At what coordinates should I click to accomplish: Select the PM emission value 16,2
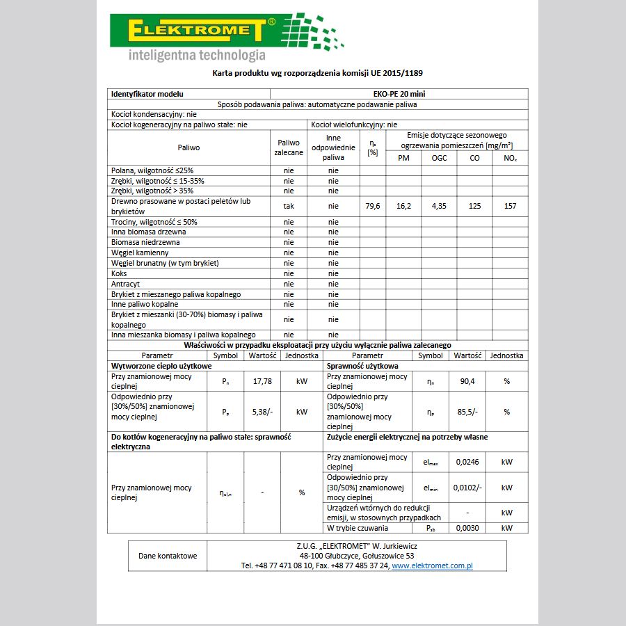[x=403, y=206]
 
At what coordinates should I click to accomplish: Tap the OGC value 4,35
[x=439, y=206]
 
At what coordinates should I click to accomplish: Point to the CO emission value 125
[x=474, y=206]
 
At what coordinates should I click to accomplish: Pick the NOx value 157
[x=511, y=206]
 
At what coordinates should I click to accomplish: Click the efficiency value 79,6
[x=372, y=206]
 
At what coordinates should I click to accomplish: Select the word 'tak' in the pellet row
[x=289, y=206]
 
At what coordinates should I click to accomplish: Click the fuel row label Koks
[x=119, y=273]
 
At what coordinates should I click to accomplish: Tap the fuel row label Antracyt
[x=125, y=284]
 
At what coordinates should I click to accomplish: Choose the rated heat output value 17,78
[x=262, y=381]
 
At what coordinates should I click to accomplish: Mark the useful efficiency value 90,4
[x=467, y=381]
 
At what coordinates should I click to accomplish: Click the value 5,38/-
[x=262, y=412]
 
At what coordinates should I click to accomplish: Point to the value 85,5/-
[x=467, y=412]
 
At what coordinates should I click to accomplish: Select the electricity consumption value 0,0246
[x=467, y=462]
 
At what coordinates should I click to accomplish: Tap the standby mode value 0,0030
[x=467, y=528]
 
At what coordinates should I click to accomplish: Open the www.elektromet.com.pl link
[x=432, y=566]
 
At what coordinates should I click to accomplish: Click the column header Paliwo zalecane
[x=289, y=147]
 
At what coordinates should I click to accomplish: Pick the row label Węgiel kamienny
[x=140, y=252]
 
